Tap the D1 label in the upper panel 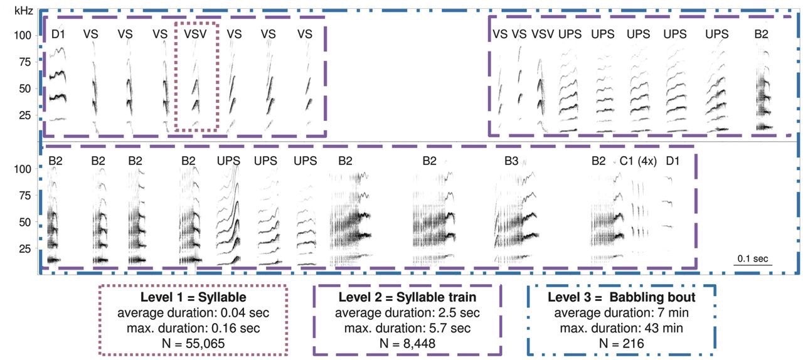coord(58,34)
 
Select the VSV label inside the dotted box coord(195,34)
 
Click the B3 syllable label coord(511,161)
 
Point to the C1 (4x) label coord(638,161)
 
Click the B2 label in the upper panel coord(761,34)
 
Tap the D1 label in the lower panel coord(673,161)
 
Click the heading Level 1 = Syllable coord(193,297)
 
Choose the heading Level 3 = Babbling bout coord(621,297)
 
